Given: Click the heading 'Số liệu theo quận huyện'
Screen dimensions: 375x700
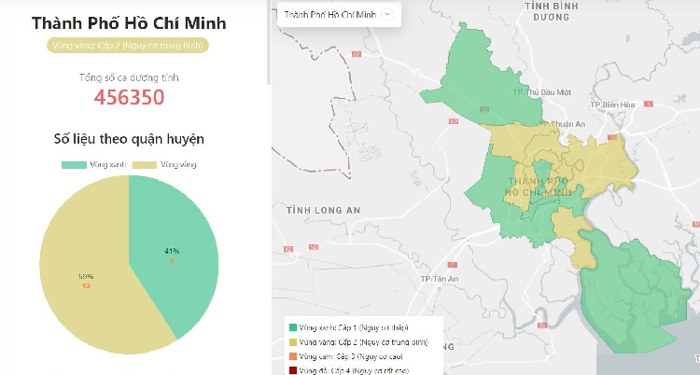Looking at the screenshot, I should point(130,139).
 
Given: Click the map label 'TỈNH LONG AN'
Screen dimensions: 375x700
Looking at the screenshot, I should point(323,211).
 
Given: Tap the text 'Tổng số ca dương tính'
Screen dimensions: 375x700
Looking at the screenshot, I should point(129,76).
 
